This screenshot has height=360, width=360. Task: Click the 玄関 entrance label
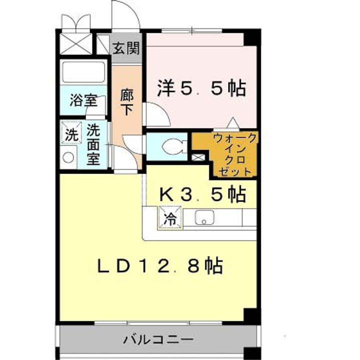click(125, 48)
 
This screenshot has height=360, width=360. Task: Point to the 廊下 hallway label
click(127, 101)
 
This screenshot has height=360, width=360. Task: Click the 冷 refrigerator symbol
click(170, 218)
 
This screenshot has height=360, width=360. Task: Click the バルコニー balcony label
click(158, 340)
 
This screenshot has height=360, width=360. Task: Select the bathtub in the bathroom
click(83, 73)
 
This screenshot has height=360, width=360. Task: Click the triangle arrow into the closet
click(232, 123)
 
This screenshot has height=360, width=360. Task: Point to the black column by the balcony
click(250, 315)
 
